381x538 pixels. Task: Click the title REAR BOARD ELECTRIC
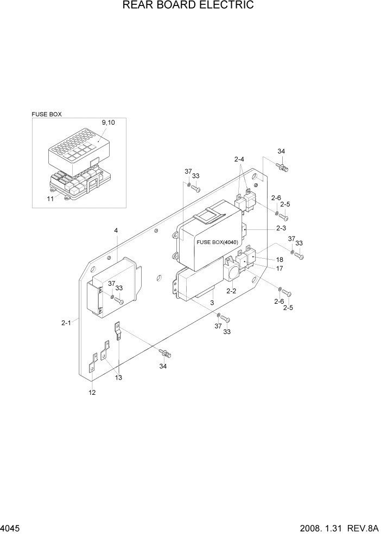click(x=188, y=6)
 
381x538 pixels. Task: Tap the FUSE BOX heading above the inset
click(x=47, y=114)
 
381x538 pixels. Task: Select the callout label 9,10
click(x=108, y=123)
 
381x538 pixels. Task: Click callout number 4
click(x=116, y=230)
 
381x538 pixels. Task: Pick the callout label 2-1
click(x=66, y=323)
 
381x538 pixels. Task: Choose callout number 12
click(x=92, y=393)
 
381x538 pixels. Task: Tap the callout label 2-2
click(x=231, y=291)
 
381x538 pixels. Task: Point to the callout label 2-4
click(x=239, y=159)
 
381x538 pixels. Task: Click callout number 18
click(x=280, y=260)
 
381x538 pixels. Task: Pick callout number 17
click(x=280, y=268)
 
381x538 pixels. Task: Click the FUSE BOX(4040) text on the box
click(x=219, y=242)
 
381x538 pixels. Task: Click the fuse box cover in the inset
click(x=79, y=144)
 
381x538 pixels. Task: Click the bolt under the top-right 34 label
click(x=282, y=166)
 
